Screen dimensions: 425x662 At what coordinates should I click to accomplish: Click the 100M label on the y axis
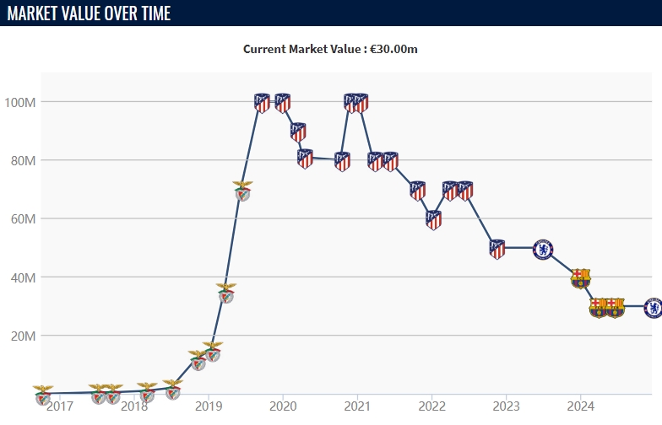[x=19, y=102]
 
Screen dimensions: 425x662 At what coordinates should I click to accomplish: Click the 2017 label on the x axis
[x=59, y=406]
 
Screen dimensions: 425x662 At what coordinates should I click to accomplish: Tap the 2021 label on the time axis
[x=357, y=406]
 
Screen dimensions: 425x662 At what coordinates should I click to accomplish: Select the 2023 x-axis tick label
[x=506, y=406]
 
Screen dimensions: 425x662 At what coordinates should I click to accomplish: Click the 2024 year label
[x=580, y=406]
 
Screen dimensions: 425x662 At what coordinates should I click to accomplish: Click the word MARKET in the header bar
[x=39, y=13]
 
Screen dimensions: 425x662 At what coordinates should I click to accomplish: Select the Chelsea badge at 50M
[x=543, y=249]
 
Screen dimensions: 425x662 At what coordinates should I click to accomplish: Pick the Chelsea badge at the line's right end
[x=653, y=308]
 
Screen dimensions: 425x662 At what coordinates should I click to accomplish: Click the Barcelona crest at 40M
[x=580, y=278]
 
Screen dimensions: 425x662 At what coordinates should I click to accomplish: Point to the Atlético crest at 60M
[x=433, y=220]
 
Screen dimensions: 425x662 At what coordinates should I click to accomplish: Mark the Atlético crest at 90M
[x=298, y=132]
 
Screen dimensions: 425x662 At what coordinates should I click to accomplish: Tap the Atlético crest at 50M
[x=497, y=249]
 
